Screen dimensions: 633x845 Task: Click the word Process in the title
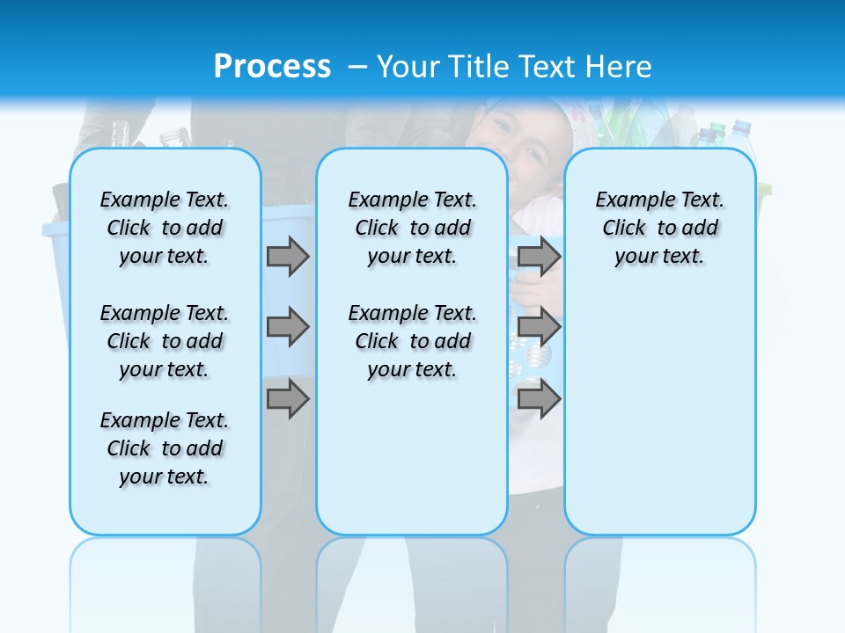coord(272,66)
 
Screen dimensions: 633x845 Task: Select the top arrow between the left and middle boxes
coord(288,257)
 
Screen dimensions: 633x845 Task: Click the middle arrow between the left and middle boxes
coord(288,328)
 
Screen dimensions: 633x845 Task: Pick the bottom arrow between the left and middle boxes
coord(288,398)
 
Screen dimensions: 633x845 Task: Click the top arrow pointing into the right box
coord(539,257)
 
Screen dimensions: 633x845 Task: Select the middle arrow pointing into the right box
coord(539,328)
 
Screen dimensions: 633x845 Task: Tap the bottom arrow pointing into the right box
coord(539,398)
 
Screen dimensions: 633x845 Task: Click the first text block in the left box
coord(165,228)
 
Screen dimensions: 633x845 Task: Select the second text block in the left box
coord(165,341)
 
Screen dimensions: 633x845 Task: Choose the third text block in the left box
coord(165,448)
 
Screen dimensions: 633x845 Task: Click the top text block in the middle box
coord(412,228)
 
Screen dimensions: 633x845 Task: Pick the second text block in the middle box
coord(412,341)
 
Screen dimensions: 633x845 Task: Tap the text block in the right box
coord(659,228)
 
